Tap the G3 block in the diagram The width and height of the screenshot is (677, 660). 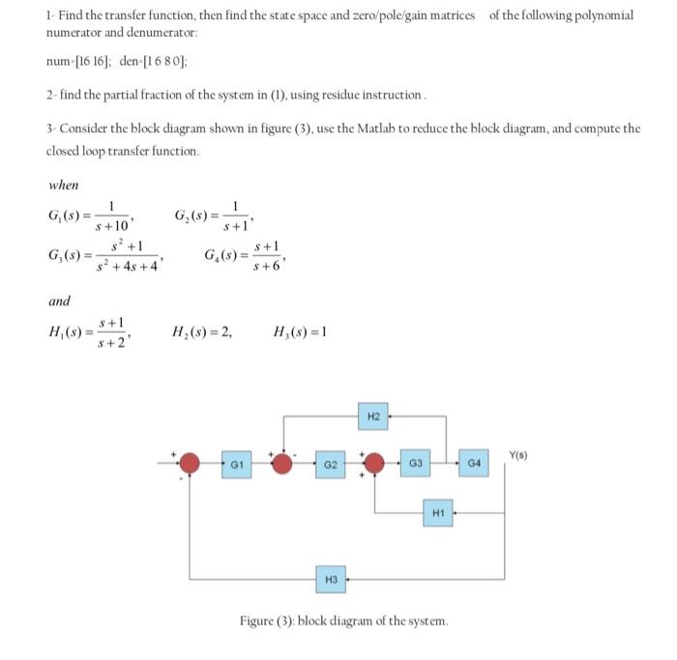tap(416, 464)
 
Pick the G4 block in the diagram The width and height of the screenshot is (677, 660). tap(474, 464)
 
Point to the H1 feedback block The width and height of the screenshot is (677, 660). tap(437, 510)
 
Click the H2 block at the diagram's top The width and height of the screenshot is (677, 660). tap(373, 417)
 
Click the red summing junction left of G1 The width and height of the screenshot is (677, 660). tap(191, 464)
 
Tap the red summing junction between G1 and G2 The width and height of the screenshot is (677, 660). tap(281, 464)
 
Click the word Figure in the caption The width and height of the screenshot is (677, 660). tap(260, 619)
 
